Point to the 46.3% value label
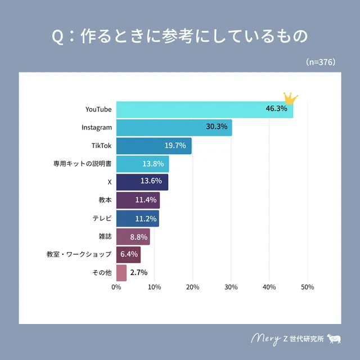[276, 109]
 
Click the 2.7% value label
[138, 273]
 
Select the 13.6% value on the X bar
[151, 181]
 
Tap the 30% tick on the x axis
[231, 287]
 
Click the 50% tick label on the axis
[307, 287]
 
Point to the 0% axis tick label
[116, 287]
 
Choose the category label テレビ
[102, 218]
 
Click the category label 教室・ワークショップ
[79, 255]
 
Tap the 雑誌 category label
[105, 236]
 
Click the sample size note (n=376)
[321, 62]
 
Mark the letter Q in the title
[57, 37]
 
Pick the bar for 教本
[138, 200]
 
